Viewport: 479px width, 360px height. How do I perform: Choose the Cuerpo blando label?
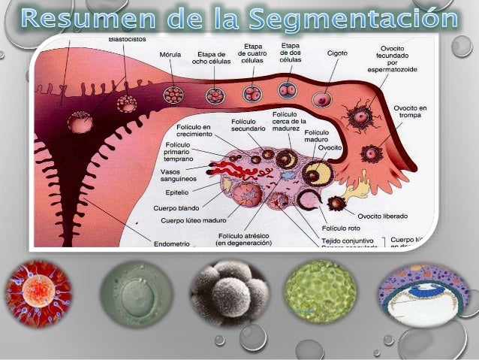(x=178, y=207)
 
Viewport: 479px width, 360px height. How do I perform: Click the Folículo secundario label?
(x=248, y=124)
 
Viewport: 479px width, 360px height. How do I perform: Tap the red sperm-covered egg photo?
(x=38, y=292)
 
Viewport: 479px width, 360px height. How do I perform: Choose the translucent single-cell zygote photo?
(x=132, y=292)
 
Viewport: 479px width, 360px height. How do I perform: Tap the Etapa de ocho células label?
(x=212, y=59)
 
